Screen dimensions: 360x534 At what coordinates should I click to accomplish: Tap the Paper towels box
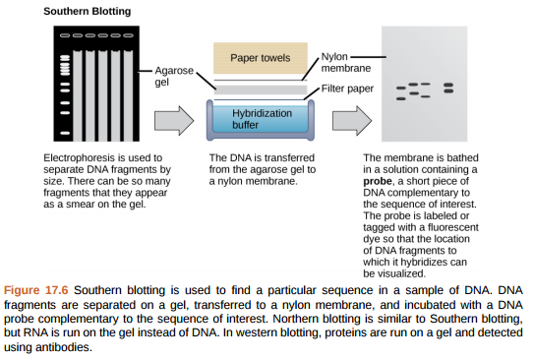260,59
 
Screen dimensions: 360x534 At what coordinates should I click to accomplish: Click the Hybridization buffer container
262,119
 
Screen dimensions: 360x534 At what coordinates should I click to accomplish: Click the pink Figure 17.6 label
36,292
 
